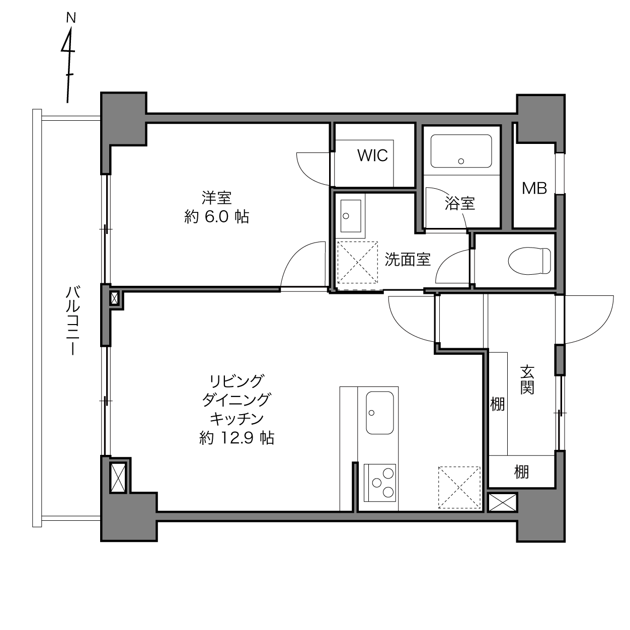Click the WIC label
[x=372, y=155]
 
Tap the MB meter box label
[x=534, y=188]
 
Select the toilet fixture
[x=530, y=261]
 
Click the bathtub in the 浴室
[x=461, y=151]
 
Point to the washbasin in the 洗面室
[x=350, y=216]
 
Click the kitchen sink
[x=379, y=413]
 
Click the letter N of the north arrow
[x=71, y=18]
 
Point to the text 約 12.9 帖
[x=237, y=438]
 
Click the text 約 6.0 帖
[x=216, y=217]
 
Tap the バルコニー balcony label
[x=72, y=321]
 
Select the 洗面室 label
[x=408, y=259]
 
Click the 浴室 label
[x=459, y=203]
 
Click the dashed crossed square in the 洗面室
[x=357, y=262]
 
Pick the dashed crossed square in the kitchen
[x=459, y=488]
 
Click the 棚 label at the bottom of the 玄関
[x=521, y=472]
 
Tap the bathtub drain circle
[x=461, y=161]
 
